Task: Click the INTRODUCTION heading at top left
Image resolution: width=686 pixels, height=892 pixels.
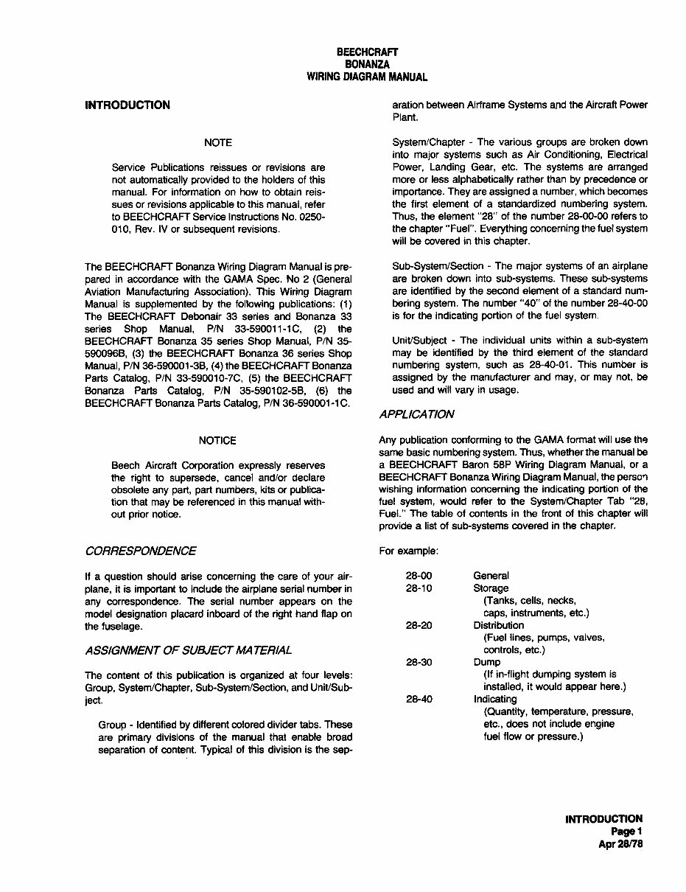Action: (127, 105)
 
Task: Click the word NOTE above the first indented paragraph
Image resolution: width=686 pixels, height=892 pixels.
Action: (217, 142)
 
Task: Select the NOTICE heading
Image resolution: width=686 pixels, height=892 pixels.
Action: (217, 440)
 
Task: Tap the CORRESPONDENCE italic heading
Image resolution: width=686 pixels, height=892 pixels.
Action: (140, 551)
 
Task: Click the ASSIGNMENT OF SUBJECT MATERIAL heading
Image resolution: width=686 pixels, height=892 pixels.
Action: (188, 649)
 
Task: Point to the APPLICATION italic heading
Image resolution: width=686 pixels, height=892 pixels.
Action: (416, 414)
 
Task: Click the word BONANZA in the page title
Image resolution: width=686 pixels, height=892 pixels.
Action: (367, 64)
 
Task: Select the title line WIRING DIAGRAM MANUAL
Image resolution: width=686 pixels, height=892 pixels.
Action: (367, 77)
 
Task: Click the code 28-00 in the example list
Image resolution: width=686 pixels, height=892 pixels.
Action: (417, 576)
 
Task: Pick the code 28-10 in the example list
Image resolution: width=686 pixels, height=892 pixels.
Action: (417, 588)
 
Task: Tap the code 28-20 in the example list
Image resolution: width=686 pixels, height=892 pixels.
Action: (417, 625)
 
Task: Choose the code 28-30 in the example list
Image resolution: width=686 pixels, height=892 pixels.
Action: (417, 662)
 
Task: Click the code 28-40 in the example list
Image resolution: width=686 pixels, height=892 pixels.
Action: (417, 699)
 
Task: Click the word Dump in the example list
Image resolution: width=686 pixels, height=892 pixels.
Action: (486, 662)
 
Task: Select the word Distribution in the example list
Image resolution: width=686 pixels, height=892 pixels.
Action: (499, 625)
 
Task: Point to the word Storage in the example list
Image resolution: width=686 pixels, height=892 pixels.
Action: (491, 588)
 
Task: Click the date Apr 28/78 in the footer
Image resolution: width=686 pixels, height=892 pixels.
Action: (620, 845)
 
